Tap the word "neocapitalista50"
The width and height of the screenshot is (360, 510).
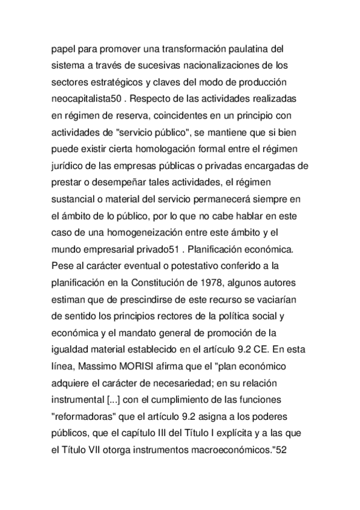(x=85, y=96)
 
